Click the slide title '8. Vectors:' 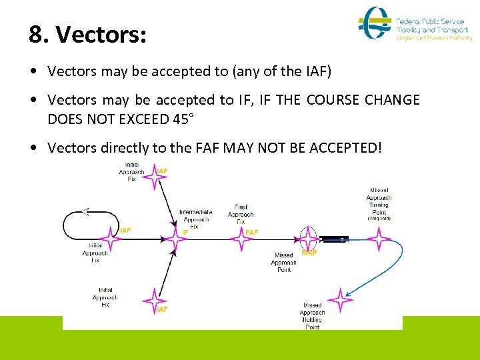(87, 35)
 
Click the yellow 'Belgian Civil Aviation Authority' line (434, 38)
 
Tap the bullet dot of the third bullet (34, 148)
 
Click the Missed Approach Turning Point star (380, 238)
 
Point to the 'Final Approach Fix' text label (241, 215)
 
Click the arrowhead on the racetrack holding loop (85, 211)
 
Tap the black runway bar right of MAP (334, 239)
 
